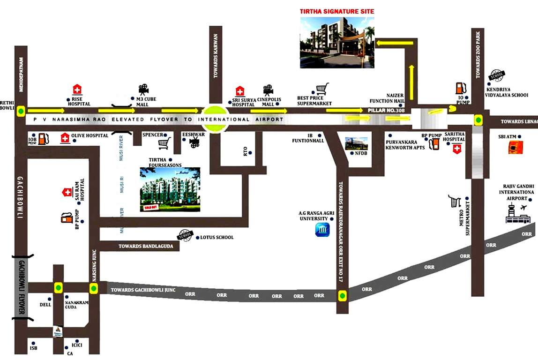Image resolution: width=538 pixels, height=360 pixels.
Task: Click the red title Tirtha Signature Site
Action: (x=337, y=11)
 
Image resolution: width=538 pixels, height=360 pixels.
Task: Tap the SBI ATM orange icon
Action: (x=515, y=148)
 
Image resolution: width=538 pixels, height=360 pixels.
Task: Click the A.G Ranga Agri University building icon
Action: (x=322, y=230)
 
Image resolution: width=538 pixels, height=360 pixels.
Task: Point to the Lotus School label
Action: (x=217, y=238)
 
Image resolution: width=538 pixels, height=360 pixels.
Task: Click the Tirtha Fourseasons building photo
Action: (x=170, y=189)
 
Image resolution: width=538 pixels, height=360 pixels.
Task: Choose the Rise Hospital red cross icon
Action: (x=77, y=90)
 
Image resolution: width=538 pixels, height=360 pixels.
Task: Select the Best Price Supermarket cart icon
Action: (x=321, y=89)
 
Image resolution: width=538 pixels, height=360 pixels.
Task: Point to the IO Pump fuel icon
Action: (x=460, y=88)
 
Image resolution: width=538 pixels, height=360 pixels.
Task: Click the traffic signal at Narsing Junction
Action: (x=94, y=289)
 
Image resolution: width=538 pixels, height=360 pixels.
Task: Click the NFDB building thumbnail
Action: (x=356, y=143)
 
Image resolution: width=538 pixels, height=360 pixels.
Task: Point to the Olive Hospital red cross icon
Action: (x=64, y=138)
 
